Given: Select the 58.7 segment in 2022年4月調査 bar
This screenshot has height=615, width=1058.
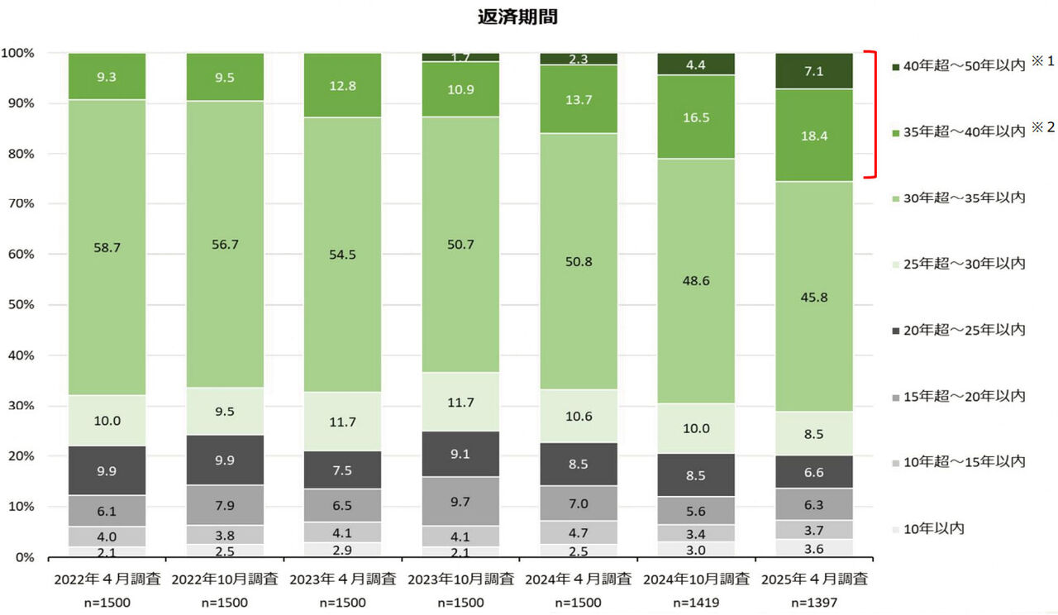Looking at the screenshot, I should (x=107, y=247).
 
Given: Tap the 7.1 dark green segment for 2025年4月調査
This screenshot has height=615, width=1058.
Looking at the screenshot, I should (x=814, y=70).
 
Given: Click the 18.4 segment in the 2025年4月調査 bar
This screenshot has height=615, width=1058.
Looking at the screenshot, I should (x=814, y=136).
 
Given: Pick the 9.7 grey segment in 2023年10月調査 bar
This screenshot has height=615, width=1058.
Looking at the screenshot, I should (x=460, y=502).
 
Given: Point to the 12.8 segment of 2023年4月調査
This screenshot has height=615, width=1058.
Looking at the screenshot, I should (x=342, y=86).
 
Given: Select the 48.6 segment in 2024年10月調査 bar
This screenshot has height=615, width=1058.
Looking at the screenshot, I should (x=696, y=280).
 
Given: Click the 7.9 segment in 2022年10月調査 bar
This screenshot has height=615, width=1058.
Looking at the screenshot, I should (x=224, y=505).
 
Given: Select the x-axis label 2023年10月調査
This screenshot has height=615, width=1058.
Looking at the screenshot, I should (x=460, y=579).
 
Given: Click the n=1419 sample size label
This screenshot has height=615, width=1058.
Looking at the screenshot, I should (x=696, y=603).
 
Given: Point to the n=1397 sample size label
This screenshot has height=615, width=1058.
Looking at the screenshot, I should (x=814, y=603).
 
